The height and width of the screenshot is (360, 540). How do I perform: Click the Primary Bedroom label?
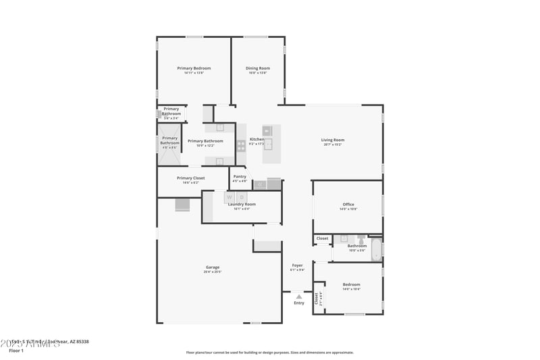pos(194,68)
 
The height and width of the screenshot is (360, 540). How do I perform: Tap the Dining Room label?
pos(257,68)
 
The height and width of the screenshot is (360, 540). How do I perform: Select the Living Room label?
pos(332,140)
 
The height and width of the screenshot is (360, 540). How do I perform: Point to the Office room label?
pos(348,205)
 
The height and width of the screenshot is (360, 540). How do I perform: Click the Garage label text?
pos(213,267)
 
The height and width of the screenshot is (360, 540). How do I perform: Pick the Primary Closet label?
pos(190,178)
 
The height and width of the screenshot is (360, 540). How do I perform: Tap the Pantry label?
pos(240,177)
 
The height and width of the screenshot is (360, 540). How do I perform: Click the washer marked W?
pos(230,197)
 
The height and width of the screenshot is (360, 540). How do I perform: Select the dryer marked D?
pos(242,197)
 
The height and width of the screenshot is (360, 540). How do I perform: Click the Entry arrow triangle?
pos(298,296)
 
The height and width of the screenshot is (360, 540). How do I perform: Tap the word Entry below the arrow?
pos(298,303)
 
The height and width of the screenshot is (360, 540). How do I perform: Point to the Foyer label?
pos(297,265)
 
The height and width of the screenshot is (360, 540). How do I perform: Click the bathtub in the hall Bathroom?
pos(376,249)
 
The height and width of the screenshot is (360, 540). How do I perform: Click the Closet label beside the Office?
pos(322,238)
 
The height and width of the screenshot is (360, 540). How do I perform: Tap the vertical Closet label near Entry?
pos(317,298)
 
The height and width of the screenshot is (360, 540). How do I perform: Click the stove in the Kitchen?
pos(241,145)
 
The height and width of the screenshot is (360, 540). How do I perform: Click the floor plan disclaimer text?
pos(270,352)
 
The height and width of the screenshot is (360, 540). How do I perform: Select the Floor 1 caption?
pos(16,351)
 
